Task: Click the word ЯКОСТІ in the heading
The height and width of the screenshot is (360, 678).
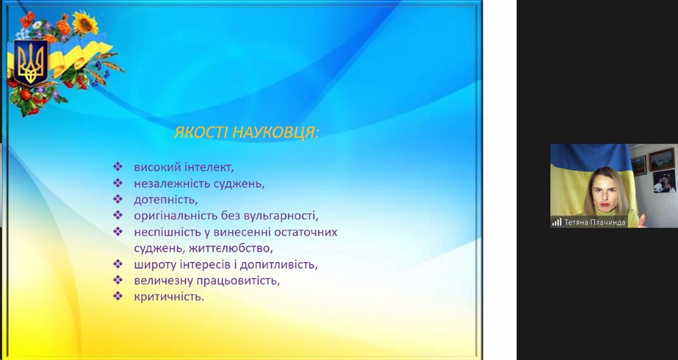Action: point(201,133)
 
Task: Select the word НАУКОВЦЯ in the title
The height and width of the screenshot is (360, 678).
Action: point(275,133)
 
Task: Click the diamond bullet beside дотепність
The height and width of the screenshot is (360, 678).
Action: point(118,199)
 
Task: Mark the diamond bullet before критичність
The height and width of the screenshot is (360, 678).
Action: point(118,296)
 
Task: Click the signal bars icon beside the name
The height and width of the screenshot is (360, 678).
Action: point(556,222)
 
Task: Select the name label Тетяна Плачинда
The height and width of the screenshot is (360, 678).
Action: point(595,222)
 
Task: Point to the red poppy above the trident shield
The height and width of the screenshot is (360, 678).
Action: point(28,20)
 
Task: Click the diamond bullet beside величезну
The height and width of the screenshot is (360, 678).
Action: point(118,280)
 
